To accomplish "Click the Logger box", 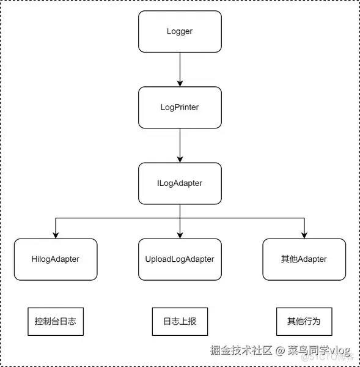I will click(x=180, y=31).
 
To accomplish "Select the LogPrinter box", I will click(x=180, y=107).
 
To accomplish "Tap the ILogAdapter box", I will click(x=180, y=183).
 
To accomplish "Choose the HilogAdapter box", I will click(x=55, y=259).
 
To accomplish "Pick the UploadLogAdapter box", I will click(x=180, y=259).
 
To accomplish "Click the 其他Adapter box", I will click(x=304, y=259).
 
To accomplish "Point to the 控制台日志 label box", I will click(x=55, y=321).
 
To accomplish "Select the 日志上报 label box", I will click(x=180, y=321).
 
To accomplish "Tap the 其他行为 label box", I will click(x=304, y=321).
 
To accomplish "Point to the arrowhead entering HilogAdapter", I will click(x=55, y=234).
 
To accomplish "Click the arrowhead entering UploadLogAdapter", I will click(x=180, y=234).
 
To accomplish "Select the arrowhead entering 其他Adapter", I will click(x=304, y=234).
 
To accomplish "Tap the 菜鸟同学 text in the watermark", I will click(x=309, y=350).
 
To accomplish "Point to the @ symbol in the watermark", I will click(x=279, y=350).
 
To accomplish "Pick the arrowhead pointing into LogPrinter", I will click(x=180, y=83).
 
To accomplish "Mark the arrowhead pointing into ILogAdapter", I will click(x=180, y=158).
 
